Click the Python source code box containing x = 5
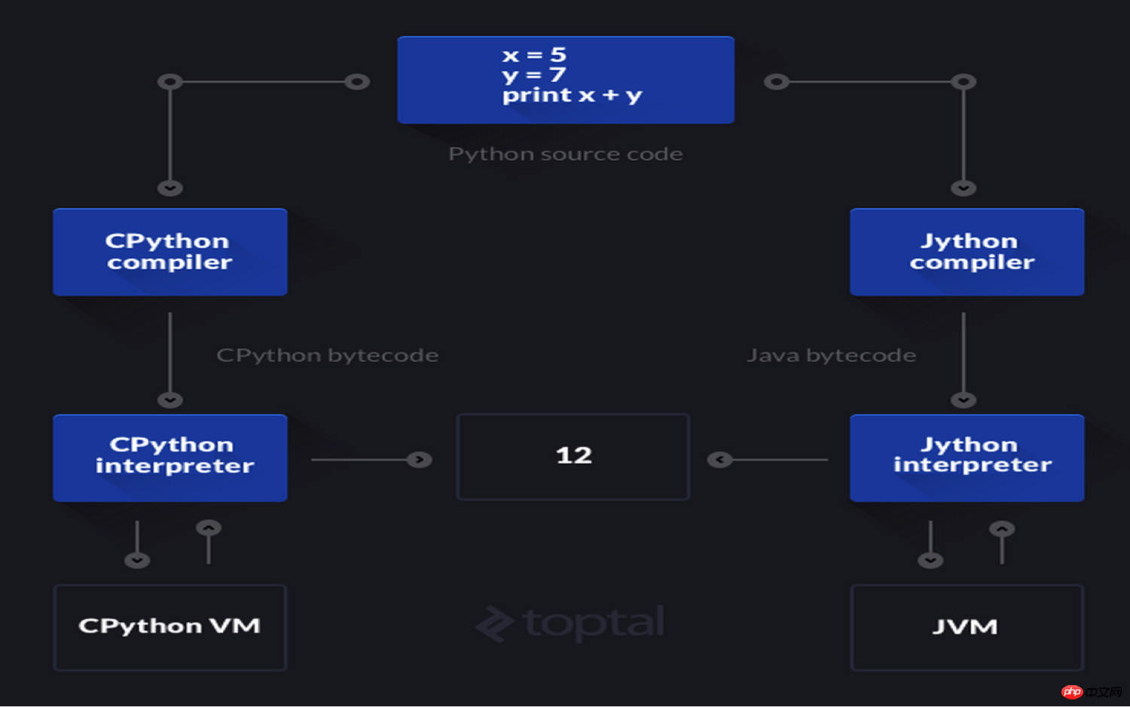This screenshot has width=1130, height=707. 566,80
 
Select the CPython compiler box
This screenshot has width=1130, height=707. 170,252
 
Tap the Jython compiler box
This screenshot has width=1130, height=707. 967,252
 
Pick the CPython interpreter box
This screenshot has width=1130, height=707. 170,458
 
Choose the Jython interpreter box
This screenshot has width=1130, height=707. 967,458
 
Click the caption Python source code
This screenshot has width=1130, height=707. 566,154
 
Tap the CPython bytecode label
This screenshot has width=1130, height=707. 328,355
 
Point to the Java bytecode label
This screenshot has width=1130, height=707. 832,355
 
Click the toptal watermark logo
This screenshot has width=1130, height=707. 570,623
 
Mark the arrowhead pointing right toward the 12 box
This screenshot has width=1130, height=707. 419,460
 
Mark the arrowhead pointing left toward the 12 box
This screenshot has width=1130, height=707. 720,460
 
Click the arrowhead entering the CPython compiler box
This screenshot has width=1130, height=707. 170,188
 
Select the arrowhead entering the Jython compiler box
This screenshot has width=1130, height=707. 964,188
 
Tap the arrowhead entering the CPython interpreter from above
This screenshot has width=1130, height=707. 170,400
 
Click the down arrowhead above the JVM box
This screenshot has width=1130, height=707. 930,560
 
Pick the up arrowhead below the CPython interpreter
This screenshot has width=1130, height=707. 209,528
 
